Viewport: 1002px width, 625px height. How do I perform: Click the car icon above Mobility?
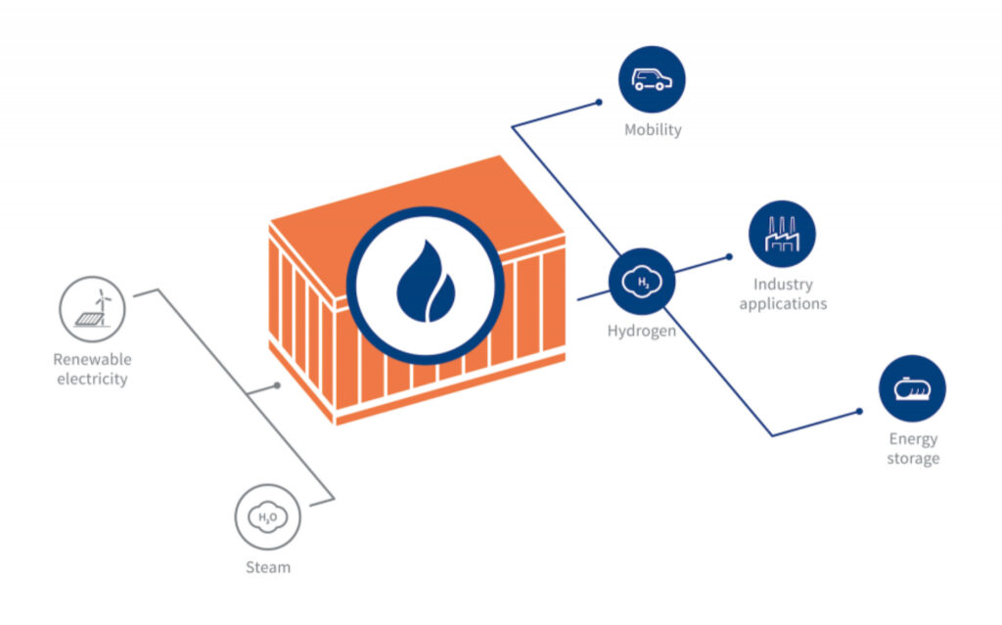(652, 79)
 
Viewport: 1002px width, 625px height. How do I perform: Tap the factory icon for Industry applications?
(782, 235)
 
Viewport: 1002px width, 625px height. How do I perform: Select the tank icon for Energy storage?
(912, 388)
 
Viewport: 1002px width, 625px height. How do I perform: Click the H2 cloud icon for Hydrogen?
(642, 282)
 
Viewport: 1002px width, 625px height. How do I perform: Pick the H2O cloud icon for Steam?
(267, 516)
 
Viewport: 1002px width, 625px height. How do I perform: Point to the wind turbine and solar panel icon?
(92, 307)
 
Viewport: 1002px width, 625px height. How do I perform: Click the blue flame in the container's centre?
(425, 281)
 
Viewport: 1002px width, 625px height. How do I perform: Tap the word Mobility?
(653, 129)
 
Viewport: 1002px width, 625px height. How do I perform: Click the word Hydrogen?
(641, 331)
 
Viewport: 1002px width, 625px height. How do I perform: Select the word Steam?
(267, 566)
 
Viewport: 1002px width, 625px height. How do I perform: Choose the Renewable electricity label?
(92, 369)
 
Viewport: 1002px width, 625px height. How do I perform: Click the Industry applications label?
(783, 293)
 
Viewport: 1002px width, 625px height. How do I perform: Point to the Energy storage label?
(913, 448)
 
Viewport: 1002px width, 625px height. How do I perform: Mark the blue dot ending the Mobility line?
(599, 102)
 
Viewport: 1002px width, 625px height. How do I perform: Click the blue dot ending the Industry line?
(729, 257)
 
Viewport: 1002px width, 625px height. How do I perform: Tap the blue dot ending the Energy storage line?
(859, 411)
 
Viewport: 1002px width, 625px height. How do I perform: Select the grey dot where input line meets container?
(277, 385)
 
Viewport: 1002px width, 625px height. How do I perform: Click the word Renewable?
(92, 360)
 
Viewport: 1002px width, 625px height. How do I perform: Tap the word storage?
(913, 458)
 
